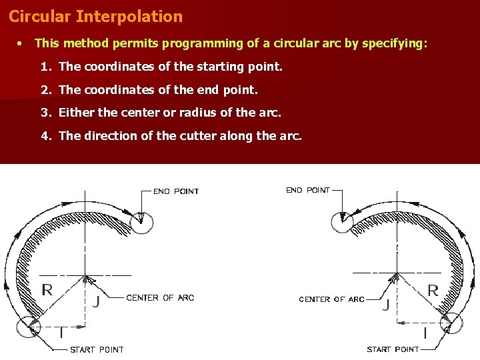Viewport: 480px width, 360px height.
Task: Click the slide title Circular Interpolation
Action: point(95,17)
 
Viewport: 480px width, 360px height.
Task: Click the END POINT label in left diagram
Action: point(176,191)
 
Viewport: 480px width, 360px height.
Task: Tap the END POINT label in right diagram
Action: point(308,191)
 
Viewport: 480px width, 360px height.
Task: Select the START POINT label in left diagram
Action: point(97,349)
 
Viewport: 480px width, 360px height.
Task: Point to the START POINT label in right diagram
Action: point(393,349)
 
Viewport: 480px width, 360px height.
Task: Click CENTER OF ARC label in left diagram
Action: point(160,298)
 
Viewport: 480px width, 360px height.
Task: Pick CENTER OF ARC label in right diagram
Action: point(331,300)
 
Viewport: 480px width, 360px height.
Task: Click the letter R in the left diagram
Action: point(47,289)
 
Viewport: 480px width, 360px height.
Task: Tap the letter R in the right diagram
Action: point(433,291)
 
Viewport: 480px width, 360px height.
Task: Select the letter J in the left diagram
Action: point(97,301)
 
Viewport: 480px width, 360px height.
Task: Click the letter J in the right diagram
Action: point(386,305)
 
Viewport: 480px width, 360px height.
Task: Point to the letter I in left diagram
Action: point(61,332)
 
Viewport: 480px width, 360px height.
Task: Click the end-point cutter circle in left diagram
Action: point(141,222)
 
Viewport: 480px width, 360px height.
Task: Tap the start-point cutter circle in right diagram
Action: point(451,323)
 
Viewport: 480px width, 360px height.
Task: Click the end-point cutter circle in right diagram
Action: point(343,221)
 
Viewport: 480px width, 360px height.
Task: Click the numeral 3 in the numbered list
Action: point(45,113)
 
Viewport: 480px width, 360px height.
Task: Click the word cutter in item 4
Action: point(198,136)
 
